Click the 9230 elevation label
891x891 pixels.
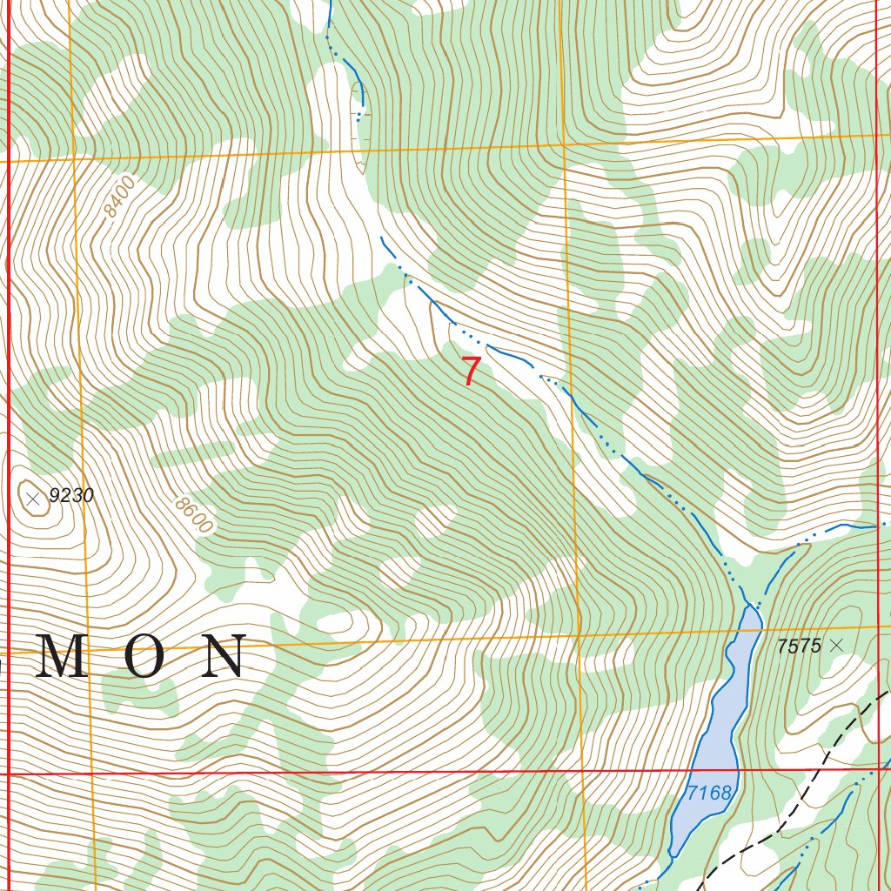click(x=70, y=497)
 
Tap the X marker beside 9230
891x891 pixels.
click(x=33, y=499)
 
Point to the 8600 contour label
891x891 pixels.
click(x=193, y=514)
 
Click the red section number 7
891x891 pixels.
click(x=470, y=371)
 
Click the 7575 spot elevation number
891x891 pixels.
click(x=799, y=646)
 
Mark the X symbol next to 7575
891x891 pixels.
click(x=837, y=645)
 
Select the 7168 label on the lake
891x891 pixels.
click(x=708, y=793)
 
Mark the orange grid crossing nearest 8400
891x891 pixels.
click(x=75, y=158)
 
